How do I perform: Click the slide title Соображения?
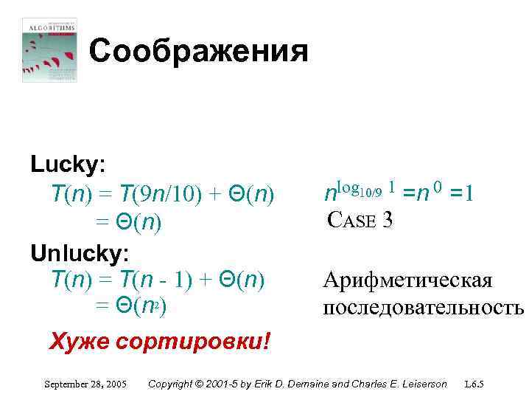click(198, 52)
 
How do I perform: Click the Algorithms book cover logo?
click(49, 49)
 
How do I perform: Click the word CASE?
click(351, 219)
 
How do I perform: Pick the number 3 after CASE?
click(388, 219)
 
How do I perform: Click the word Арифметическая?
click(407, 281)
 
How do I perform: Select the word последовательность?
click(422, 307)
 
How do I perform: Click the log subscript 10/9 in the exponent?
click(369, 193)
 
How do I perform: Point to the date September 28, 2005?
click(85, 384)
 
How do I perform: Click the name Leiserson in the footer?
click(422, 384)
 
